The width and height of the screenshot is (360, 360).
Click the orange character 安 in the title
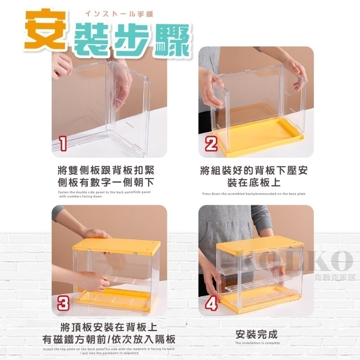pos(45,30)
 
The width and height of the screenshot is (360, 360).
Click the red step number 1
pos(63,144)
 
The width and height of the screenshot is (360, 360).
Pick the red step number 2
pos(211,144)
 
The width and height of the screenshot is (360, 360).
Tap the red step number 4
pos(211,303)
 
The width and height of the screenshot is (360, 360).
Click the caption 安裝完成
pos(257,334)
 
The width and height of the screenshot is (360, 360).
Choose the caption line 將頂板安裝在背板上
pos(108,328)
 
